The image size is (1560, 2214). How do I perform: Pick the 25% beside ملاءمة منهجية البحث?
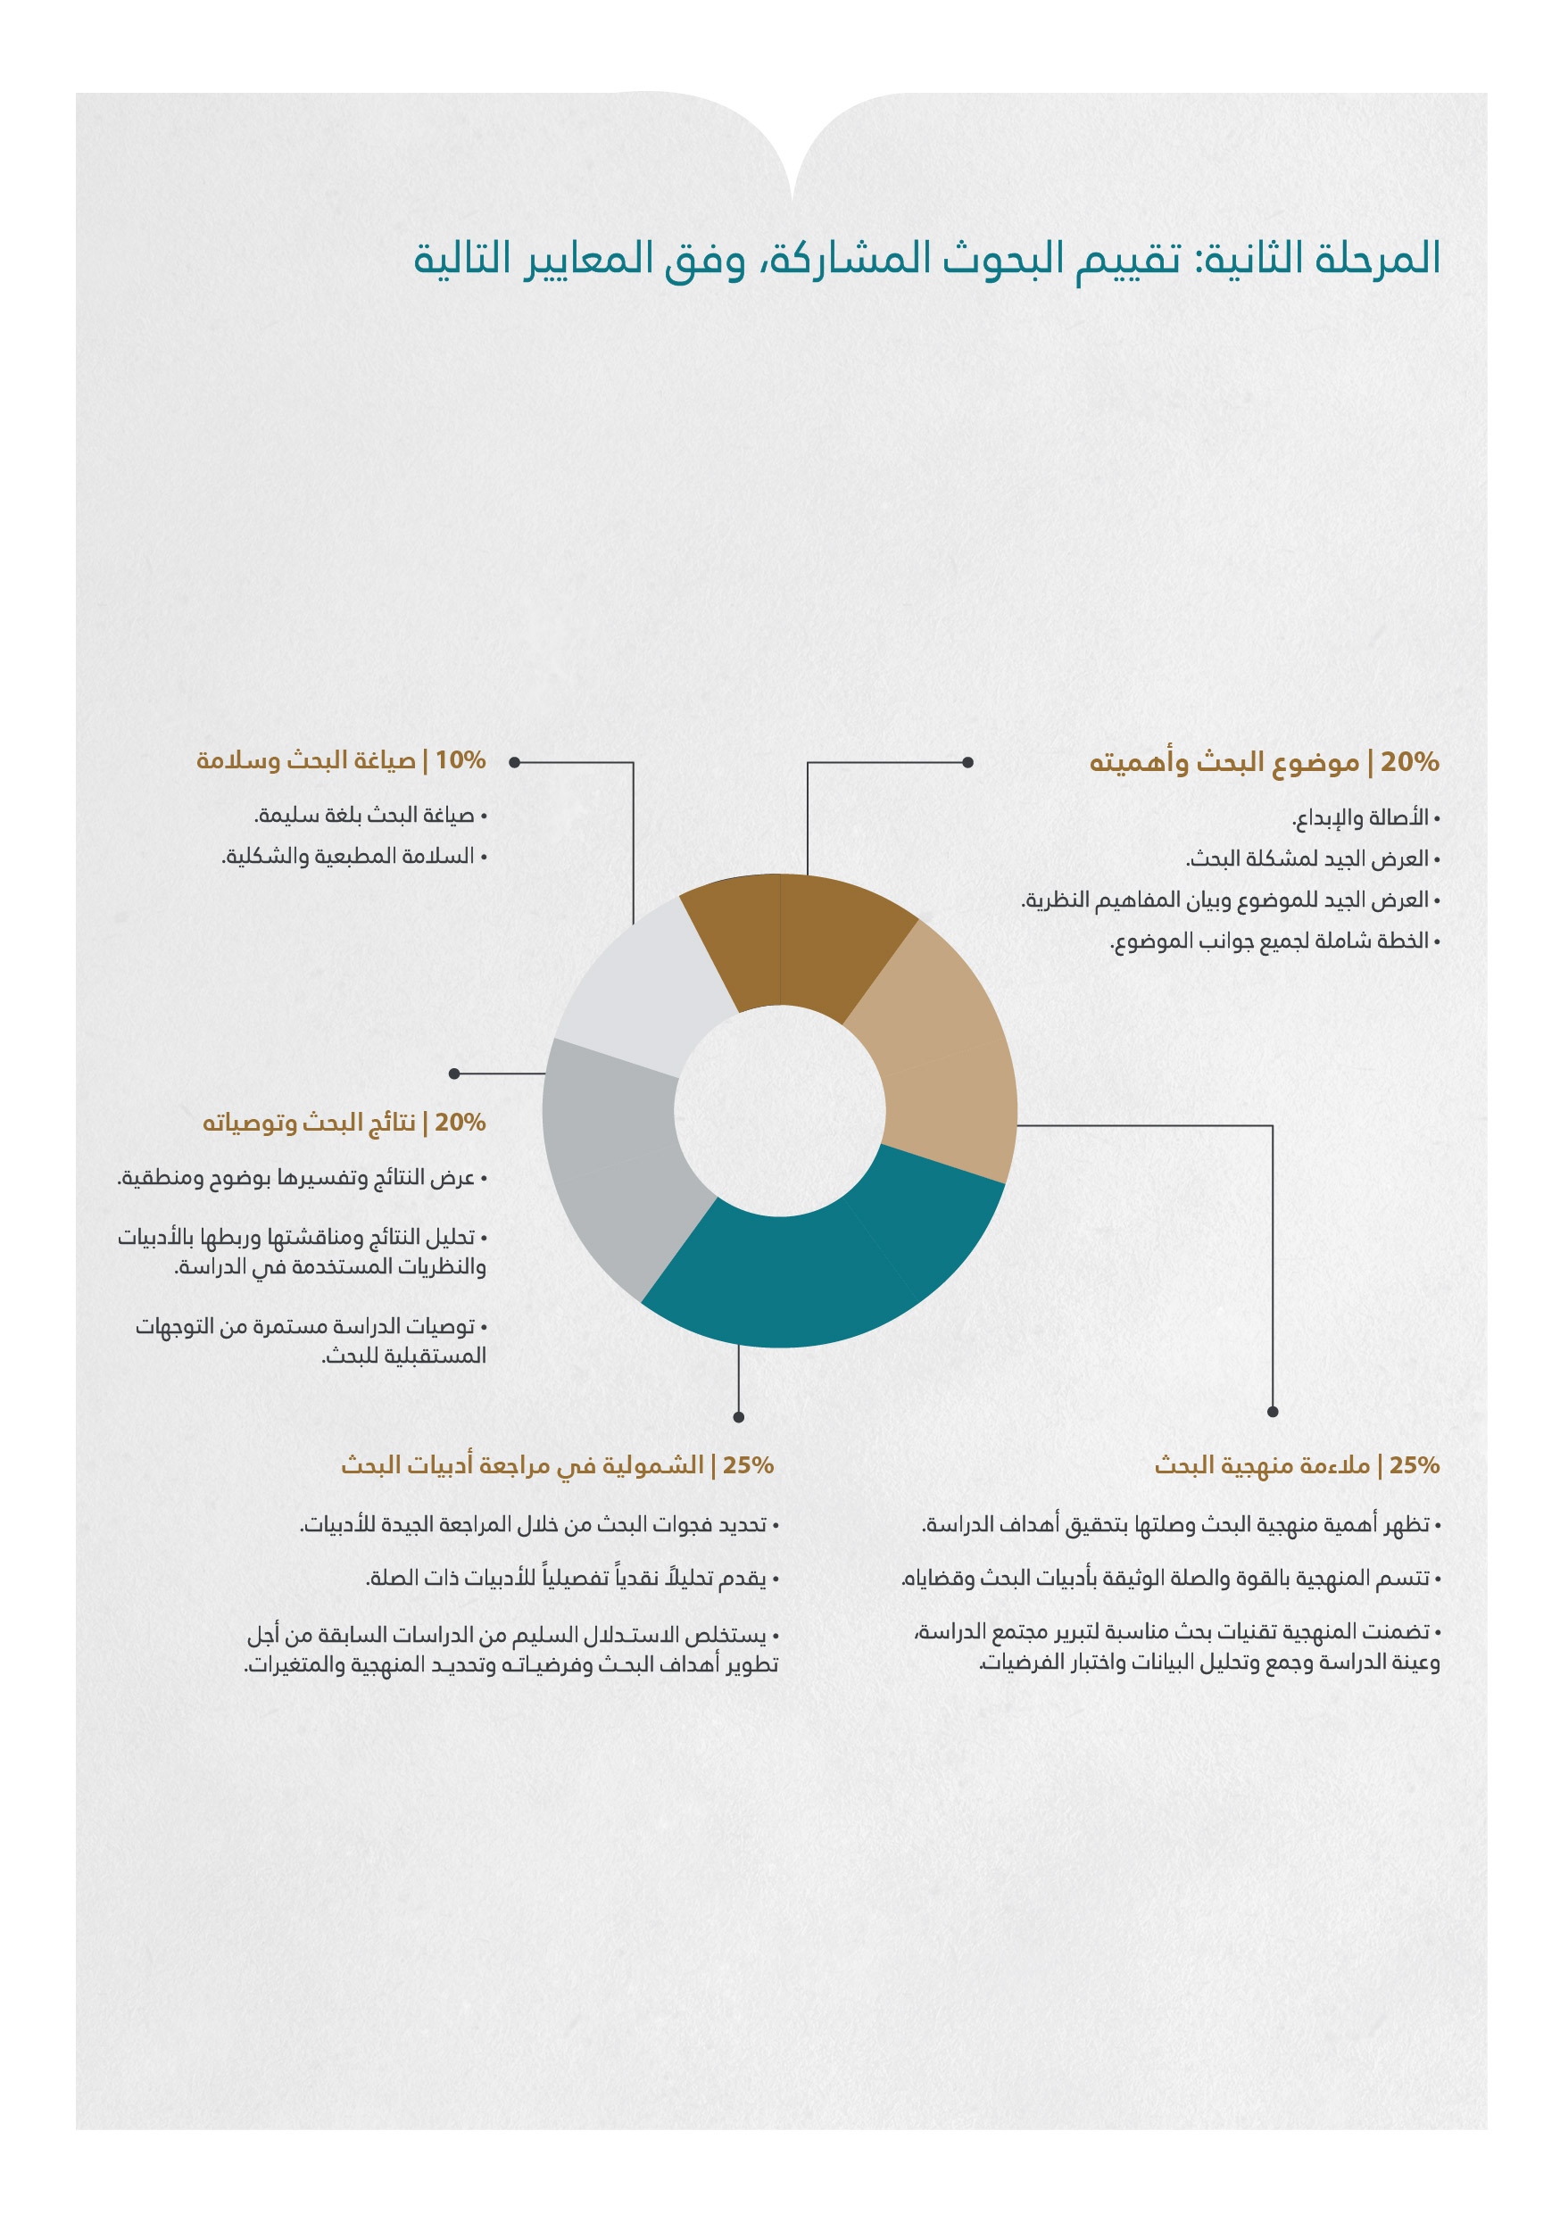(1414, 1464)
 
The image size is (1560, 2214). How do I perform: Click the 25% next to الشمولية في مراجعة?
(748, 1464)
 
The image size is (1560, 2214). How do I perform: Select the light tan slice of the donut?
(940, 1046)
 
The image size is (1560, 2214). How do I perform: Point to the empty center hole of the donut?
(779, 1111)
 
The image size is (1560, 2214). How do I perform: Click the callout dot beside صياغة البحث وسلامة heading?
(515, 762)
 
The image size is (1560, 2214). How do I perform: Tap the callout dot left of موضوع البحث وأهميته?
(968, 762)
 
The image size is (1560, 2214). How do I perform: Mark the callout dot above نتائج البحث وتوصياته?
(454, 1074)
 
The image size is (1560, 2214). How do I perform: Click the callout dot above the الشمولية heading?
(739, 1416)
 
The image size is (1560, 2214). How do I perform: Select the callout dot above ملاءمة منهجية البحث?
(1273, 1412)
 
